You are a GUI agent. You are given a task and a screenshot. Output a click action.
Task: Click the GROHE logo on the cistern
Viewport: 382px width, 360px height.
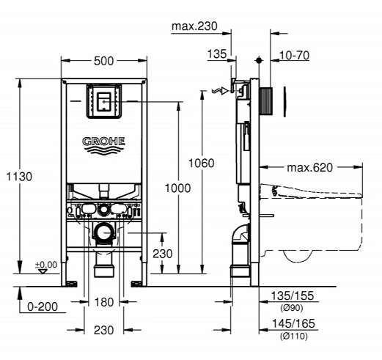[103, 145]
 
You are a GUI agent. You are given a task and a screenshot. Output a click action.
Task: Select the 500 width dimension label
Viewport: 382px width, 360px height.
[104, 61]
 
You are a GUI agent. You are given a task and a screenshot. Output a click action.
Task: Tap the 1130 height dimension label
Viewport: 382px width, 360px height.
[19, 177]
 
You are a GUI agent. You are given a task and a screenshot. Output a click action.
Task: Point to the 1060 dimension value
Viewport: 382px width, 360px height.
[202, 163]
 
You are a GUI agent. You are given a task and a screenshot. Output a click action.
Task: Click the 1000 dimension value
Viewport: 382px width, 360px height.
[177, 188]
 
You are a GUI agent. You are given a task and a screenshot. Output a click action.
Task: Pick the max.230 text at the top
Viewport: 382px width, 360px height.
[194, 26]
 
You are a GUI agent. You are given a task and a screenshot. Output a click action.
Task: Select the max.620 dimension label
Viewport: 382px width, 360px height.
[310, 168]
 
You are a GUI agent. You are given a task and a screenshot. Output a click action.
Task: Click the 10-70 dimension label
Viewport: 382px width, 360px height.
[294, 56]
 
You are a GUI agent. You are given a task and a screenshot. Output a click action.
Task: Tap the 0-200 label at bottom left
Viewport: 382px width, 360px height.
[43, 306]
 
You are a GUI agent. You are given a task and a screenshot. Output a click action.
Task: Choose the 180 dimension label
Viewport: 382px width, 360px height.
[104, 302]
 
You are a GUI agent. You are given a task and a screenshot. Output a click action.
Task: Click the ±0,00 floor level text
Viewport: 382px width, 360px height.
[46, 265]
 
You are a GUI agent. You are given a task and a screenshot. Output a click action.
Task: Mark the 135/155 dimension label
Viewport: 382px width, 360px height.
[293, 296]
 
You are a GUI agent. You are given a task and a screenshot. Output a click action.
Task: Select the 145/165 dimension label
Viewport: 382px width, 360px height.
[293, 324]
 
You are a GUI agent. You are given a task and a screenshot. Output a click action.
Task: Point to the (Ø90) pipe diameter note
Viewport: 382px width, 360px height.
[292, 308]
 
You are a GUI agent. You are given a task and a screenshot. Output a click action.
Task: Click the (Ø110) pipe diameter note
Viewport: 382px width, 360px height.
[294, 337]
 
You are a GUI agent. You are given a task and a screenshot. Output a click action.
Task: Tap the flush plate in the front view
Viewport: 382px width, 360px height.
[104, 101]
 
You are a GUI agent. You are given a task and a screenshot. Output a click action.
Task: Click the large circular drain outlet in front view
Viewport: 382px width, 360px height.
[104, 232]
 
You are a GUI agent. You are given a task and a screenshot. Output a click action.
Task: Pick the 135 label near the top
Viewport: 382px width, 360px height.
[217, 54]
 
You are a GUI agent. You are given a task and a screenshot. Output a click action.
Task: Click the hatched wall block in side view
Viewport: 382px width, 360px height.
[265, 101]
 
